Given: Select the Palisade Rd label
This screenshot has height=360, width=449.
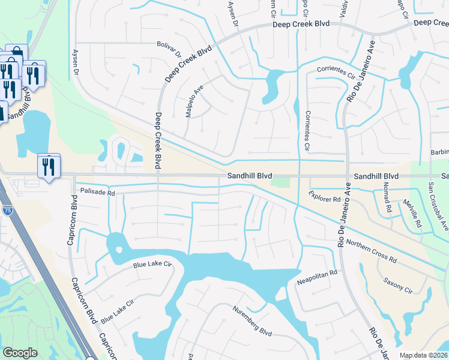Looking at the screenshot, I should (97, 193).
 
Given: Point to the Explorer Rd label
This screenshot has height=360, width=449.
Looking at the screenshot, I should (325, 196).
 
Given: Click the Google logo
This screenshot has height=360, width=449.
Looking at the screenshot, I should (20, 353).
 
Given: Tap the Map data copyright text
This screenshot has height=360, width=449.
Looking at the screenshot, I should (424, 355).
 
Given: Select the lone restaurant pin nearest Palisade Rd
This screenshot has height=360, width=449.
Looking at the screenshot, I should (49, 166).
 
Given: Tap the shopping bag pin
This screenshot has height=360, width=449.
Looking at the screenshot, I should (15, 55).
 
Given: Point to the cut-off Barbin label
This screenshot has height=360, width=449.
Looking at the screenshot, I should (440, 153).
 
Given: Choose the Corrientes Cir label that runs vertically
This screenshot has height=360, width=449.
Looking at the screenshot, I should (307, 130).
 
